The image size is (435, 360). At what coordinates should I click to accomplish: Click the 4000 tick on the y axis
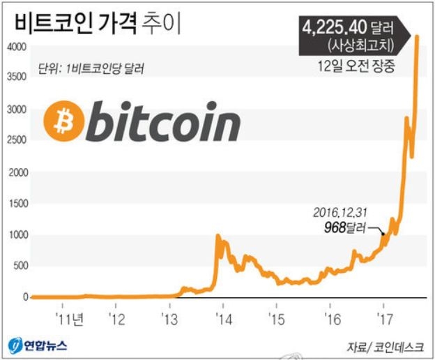(x=17, y=47)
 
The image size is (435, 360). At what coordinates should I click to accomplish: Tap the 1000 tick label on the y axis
(x=17, y=234)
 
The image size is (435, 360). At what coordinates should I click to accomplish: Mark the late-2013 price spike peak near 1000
(x=218, y=237)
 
